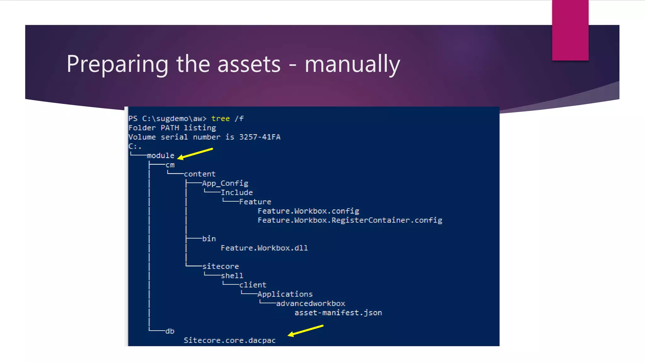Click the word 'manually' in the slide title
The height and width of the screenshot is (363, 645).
tap(352, 64)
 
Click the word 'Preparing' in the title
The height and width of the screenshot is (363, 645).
tap(117, 64)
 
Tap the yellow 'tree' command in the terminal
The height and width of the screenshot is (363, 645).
tap(220, 119)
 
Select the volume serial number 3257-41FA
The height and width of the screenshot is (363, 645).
tap(260, 137)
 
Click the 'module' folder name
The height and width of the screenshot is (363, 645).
tap(161, 156)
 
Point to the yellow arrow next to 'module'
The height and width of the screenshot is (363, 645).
tap(195, 153)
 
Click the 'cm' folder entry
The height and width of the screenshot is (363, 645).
tap(170, 165)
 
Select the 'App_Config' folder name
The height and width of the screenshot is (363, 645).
tap(225, 183)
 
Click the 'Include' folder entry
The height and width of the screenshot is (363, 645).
tap(237, 193)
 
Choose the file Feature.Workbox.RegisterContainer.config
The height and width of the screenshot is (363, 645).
tap(350, 220)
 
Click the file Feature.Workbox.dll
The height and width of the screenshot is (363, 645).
tap(264, 248)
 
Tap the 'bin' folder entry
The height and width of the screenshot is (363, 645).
tap(209, 239)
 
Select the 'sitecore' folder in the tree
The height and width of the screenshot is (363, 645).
tap(220, 267)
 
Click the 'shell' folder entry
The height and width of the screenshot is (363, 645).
tap(232, 276)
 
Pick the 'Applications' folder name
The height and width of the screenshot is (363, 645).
tap(285, 294)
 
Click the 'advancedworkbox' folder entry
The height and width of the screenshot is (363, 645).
tap(311, 303)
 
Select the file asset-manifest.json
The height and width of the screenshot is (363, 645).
tap(338, 313)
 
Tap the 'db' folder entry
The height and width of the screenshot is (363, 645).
tap(170, 331)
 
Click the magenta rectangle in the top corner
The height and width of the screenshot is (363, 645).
tap(570, 30)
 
